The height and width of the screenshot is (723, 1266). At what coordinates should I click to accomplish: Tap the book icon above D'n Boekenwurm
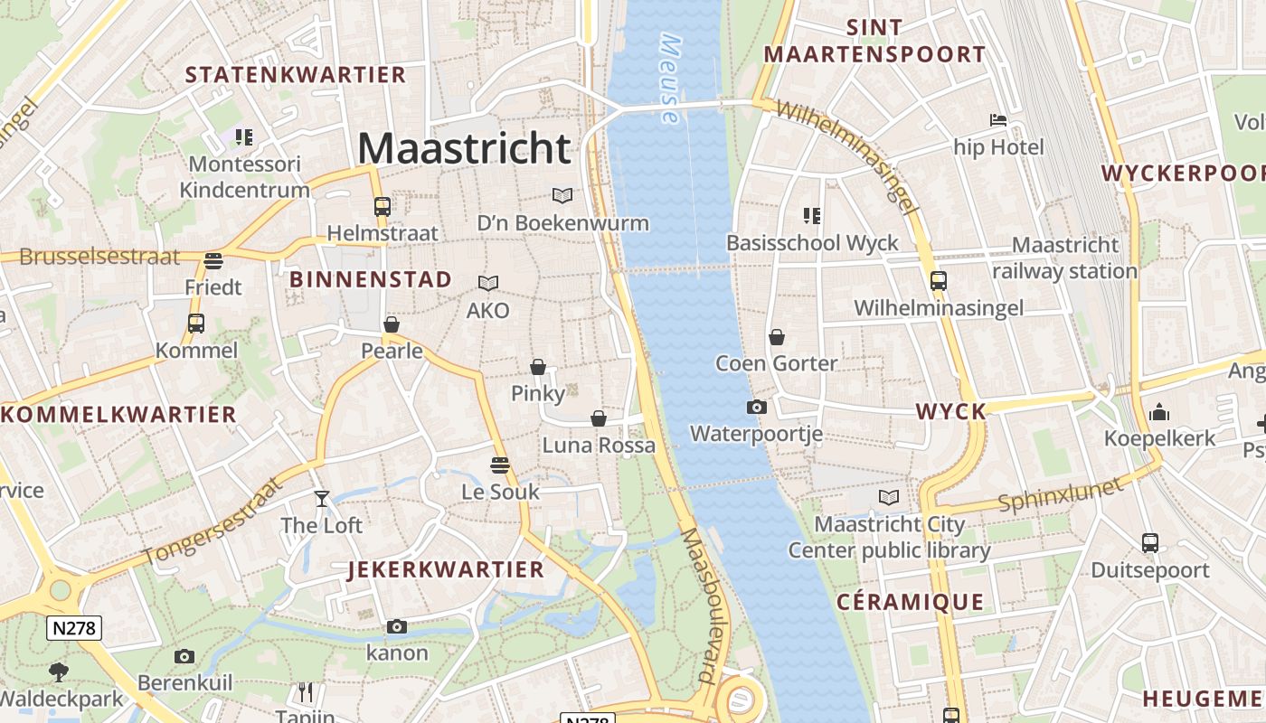(562, 195)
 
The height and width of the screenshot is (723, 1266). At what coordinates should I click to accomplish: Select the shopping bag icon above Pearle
(392, 324)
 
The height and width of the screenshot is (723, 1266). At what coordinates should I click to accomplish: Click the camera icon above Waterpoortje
(757, 407)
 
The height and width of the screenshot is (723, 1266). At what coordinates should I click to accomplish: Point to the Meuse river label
(670, 80)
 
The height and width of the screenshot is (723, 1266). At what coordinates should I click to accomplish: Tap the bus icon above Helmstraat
(383, 206)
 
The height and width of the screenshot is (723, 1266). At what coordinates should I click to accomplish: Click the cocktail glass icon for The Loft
(321, 498)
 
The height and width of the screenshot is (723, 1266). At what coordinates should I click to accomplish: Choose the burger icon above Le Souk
(500, 465)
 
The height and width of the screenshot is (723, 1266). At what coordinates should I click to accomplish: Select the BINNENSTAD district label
(371, 280)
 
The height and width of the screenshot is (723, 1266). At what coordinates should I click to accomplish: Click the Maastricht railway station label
(1064, 258)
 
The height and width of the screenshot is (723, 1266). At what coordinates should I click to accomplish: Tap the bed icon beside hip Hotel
(998, 120)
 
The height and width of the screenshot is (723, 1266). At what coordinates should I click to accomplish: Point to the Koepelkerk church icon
(1159, 413)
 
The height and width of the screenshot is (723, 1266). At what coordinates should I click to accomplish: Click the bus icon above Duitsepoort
(1149, 543)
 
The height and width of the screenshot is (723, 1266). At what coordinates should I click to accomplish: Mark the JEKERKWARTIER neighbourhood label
(446, 569)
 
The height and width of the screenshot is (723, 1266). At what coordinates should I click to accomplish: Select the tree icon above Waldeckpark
(60, 671)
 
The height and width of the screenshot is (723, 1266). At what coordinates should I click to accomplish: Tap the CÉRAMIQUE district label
(910, 602)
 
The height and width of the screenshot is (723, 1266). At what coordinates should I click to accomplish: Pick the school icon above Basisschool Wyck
(812, 216)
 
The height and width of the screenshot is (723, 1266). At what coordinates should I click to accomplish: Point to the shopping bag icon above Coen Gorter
(776, 337)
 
